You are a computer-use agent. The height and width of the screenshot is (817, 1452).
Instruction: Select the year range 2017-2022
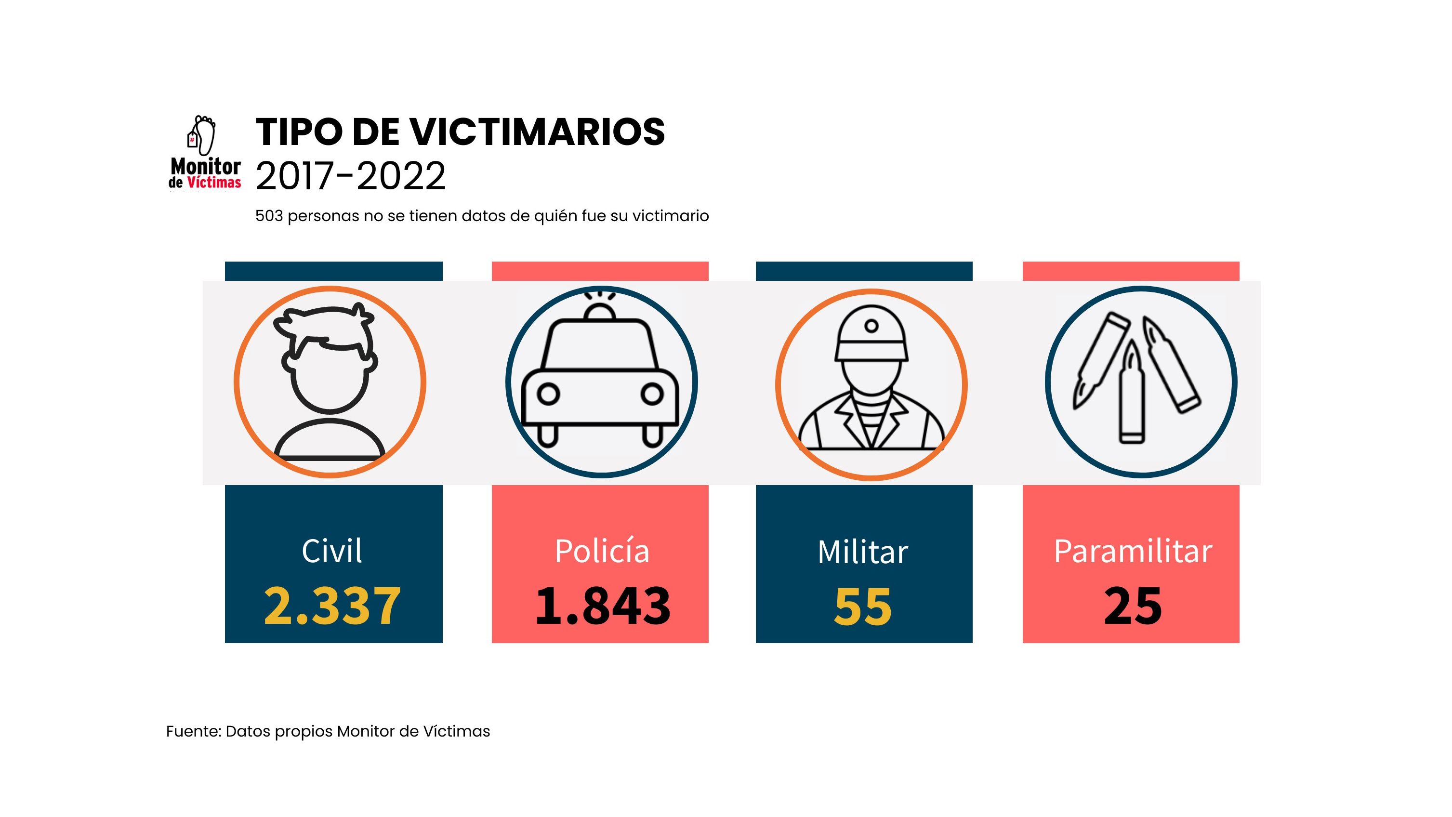(350, 176)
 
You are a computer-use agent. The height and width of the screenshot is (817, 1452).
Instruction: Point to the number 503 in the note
(269, 216)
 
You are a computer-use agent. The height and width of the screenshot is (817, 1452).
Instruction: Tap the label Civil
(331, 551)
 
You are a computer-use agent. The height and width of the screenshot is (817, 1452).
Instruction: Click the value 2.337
(332, 606)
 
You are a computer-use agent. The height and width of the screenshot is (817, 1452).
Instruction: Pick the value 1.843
(602, 606)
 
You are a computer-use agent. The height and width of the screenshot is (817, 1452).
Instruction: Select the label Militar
(862, 552)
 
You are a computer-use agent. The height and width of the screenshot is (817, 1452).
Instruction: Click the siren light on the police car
(599, 311)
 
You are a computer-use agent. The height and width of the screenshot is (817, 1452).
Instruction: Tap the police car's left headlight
(548, 394)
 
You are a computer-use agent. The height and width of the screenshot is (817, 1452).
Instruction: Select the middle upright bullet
(1131, 395)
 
